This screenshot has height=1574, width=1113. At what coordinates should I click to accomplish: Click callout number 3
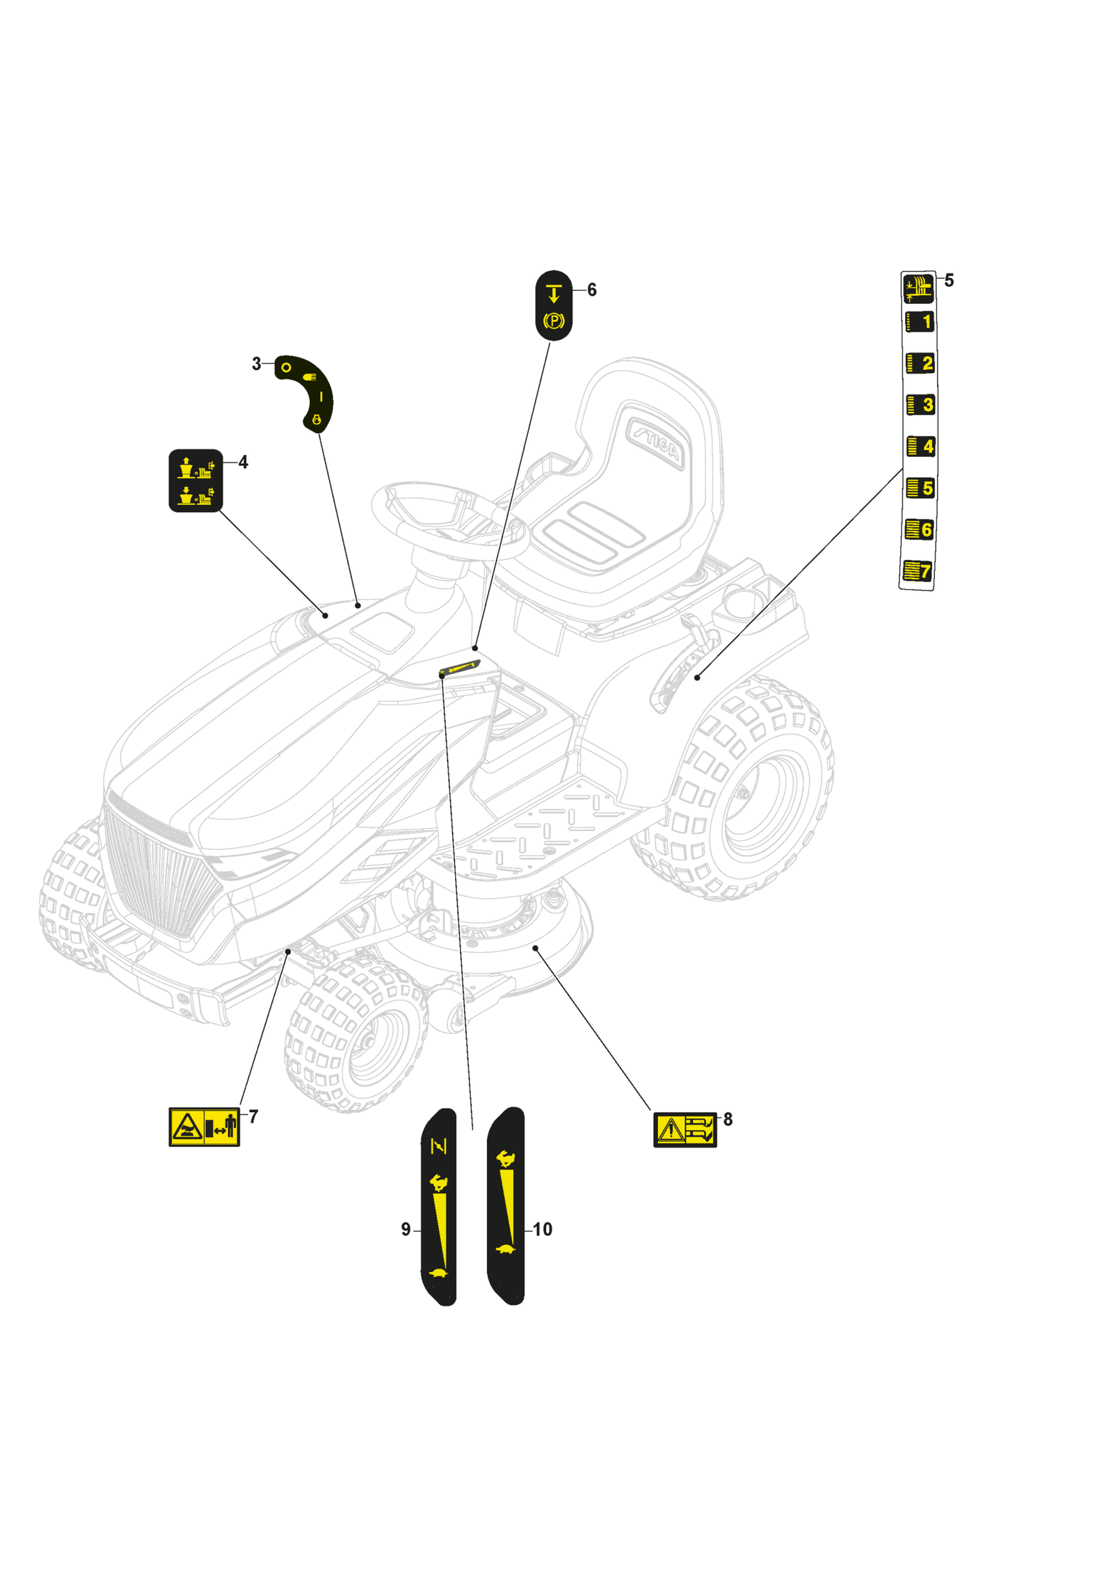pos(256,364)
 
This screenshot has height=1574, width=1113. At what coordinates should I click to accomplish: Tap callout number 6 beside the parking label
pos(591,289)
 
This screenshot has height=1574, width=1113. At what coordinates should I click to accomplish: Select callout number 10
pos(542,1230)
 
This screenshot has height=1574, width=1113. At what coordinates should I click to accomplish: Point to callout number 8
pos(728,1119)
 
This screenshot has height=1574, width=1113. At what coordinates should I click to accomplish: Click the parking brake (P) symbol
pos(554,321)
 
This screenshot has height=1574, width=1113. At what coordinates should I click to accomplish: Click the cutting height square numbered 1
pos(920,322)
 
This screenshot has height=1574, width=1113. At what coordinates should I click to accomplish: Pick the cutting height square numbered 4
pos(920,446)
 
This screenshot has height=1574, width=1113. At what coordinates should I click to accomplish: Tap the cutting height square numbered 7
pos(918,571)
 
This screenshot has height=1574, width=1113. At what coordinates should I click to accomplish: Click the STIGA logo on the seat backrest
pos(655,442)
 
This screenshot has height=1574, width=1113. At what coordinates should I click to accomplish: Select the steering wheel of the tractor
pos(450,519)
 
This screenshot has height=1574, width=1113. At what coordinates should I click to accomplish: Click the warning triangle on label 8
pos(671,1130)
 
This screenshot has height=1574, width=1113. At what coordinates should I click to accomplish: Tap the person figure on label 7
pos(230,1126)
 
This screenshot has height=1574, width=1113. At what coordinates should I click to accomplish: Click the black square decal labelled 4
pos(195,481)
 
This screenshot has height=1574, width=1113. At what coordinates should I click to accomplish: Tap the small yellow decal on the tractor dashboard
pos(460,668)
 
